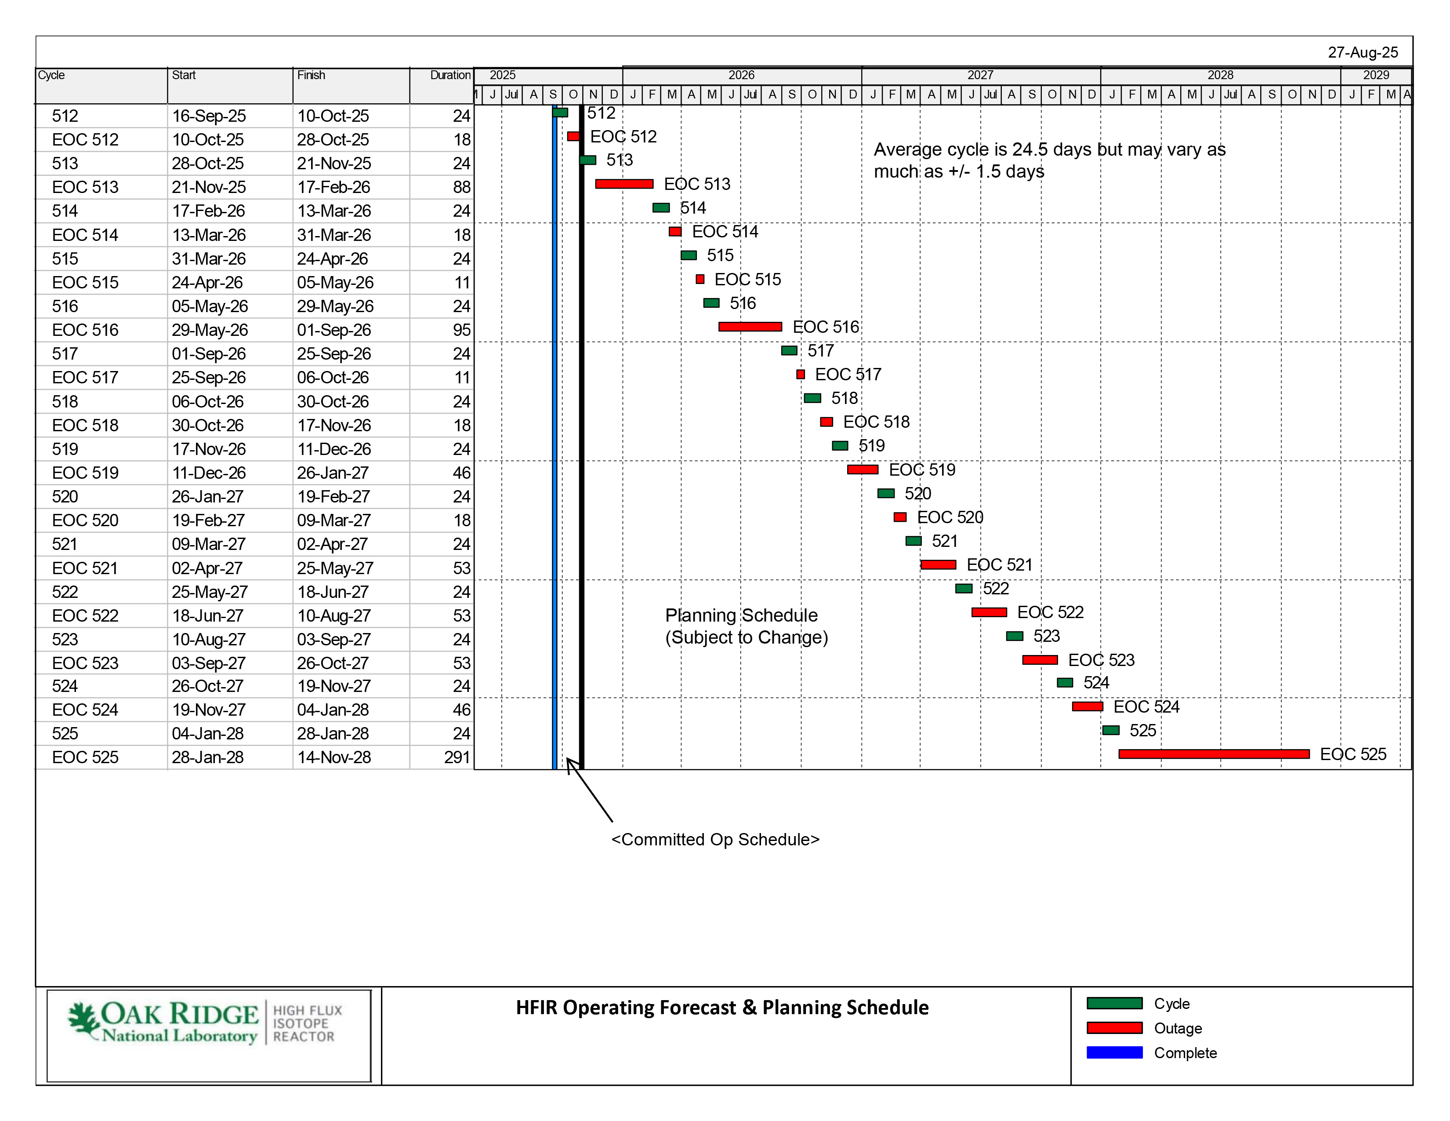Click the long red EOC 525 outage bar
pos(1214,754)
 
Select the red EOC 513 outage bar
pos(624,184)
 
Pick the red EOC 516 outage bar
pos(750,327)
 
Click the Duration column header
pos(450,75)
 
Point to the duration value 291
pos(457,757)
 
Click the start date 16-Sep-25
pos(208,116)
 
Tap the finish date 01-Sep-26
pos(333,330)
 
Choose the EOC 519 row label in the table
pos(85,473)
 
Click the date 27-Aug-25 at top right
pos(1363,52)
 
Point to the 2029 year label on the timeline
pos(1376,75)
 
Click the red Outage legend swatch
pos(1114,1028)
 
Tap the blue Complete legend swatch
pos(1114,1052)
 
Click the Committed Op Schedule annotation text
pos(715,839)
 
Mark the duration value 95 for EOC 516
pos(461,330)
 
